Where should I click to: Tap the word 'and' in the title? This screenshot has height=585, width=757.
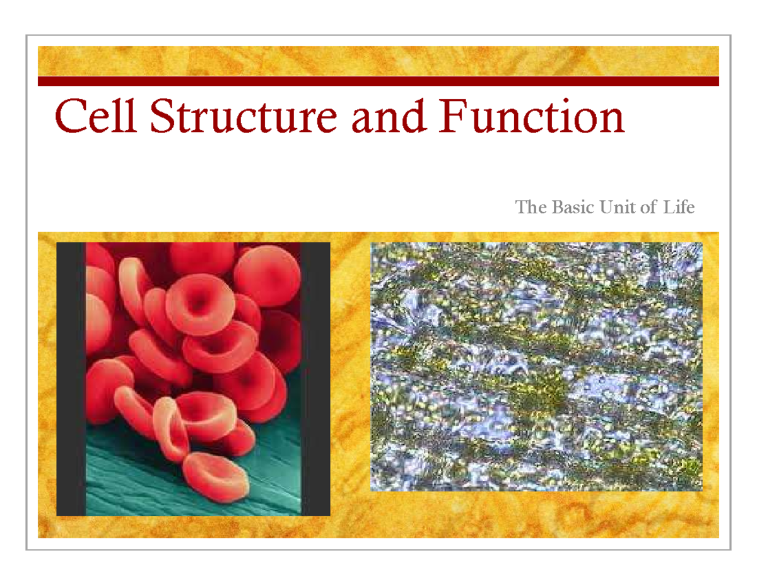[x=395, y=118]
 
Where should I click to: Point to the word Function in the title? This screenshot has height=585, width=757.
[x=534, y=118]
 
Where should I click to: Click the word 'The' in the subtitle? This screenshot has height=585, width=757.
[x=529, y=207]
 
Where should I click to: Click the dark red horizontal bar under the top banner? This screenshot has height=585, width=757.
[x=378, y=81]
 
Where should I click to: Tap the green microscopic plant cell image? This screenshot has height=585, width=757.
[x=536, y=366]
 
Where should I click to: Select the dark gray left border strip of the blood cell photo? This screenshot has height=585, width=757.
[x=70, y=379]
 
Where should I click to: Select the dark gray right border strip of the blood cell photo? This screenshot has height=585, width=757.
[x=315, y=379]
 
